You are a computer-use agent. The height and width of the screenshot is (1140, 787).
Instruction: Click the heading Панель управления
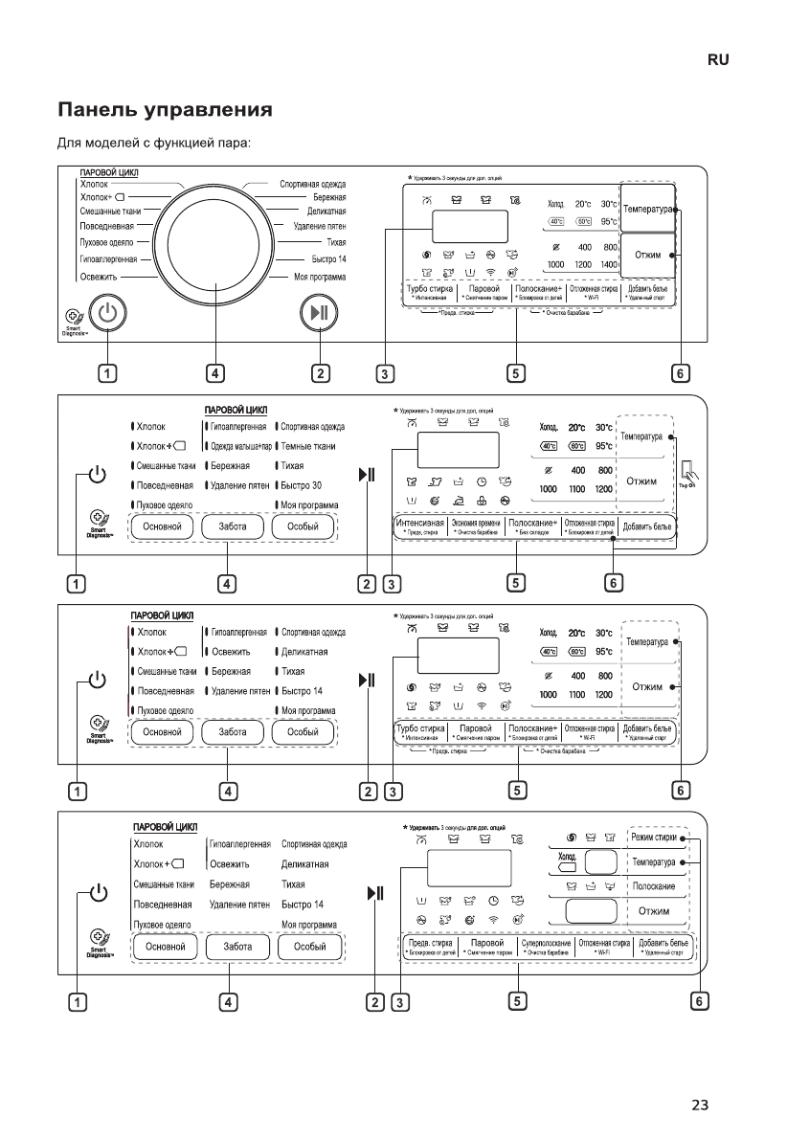click(x=166, y=110)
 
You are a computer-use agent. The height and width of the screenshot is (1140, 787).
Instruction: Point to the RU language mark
click(x=718, y=59)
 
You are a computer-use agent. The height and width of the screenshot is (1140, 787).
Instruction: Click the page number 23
click(x=700, y=1106)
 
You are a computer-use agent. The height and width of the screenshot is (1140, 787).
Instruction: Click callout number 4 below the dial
click(x=216, y=373)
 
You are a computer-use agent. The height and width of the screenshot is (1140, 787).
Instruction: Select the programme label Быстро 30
click(x=303, y=484)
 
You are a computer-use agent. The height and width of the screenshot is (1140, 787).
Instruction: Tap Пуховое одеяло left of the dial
click(x=106, y=243)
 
